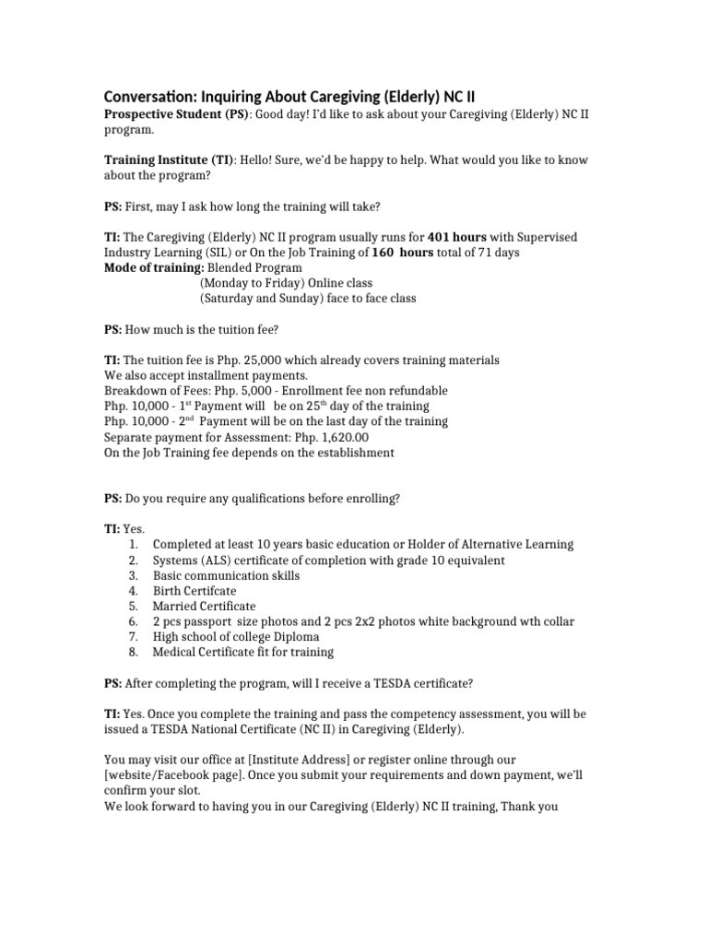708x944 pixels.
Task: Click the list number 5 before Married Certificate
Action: click(133, 607)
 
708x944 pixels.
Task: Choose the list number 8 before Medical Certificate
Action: click(133, 653)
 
